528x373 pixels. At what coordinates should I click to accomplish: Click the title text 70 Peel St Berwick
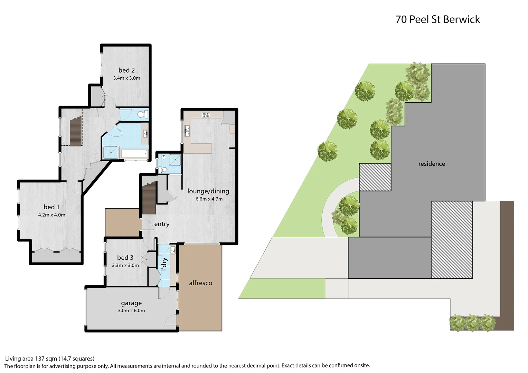coord(437,19)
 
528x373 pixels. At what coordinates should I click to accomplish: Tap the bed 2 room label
coord(126,70)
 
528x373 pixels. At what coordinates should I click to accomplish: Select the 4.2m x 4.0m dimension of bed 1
coord(51,215)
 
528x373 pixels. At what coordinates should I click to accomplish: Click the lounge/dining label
coord(208,191)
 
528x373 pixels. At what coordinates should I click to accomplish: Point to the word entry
coord(162,224)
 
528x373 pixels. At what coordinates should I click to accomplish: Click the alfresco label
coord(200,283)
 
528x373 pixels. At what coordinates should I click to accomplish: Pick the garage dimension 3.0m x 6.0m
coord(131,310)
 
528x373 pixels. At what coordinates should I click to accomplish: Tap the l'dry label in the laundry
coord(164,264)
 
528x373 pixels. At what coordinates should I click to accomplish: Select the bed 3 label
coord(125,258)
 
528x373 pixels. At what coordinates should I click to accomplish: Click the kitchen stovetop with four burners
coord(206,115)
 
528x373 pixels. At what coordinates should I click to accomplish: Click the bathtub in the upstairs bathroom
coord(134,154)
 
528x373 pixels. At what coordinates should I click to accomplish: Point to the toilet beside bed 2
coord(141,114)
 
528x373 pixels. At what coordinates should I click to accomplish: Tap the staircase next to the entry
coord(149,199)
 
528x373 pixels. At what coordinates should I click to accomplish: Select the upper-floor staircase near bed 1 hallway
coord(76,132)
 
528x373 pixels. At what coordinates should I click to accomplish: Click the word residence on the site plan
coord(432,164)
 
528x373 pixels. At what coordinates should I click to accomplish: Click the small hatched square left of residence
coord(375,177)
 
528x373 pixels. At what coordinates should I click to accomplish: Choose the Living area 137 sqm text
coord(49,358)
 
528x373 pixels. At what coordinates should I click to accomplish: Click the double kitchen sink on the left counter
coord(187,132)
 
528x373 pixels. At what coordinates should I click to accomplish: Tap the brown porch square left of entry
coord(123,222)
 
